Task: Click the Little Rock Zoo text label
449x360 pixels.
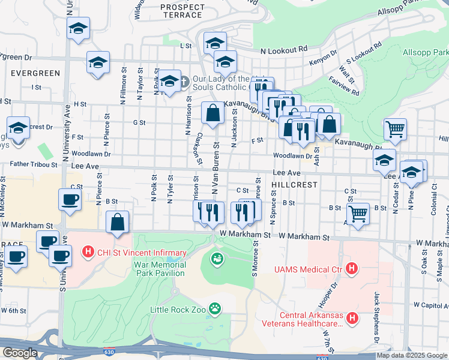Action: [x=178, y=310]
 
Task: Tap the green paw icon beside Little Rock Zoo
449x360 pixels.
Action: [x=214, y=310]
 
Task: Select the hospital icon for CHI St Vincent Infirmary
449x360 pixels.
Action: [x=88, y=250]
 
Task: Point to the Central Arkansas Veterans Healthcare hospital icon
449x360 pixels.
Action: [x=352, y=317]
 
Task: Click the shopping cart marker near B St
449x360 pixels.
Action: [x=358, y=212]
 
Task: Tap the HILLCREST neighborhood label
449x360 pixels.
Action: [x=294, y=185]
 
